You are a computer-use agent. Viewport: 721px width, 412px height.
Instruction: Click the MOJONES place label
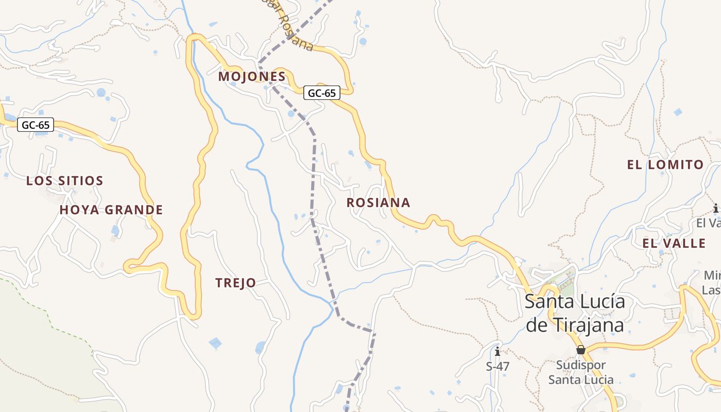(x=252, y=77)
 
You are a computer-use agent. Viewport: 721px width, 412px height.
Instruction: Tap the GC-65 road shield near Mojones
(x=322, y=93)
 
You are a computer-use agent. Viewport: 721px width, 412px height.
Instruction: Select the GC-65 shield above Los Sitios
(x=36, y=125)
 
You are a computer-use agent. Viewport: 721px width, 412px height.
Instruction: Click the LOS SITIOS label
(x=65, y=181)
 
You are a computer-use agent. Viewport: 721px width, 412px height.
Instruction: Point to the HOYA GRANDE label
(x=111, y=210)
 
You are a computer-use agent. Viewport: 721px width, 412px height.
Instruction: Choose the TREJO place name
(x=236, y=283)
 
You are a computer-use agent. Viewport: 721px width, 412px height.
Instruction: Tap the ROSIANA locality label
(x=379, y=203)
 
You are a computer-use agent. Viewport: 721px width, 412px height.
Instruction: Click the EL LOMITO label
(x=665, y=165)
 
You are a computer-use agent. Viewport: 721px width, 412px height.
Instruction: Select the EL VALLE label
(x=674, y=244)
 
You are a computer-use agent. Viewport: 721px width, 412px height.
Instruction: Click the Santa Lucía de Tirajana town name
(x=575, y=313)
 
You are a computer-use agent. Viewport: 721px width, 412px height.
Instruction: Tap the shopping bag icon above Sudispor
(x=581, y=350)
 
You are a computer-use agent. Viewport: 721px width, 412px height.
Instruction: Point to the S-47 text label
(x=497, y=367)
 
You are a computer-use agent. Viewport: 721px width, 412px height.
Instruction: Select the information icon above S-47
(x=497, y=352)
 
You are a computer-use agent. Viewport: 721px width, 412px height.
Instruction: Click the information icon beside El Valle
(x=715, y=209)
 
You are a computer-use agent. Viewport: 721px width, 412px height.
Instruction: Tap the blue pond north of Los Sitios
(x=101, y=93)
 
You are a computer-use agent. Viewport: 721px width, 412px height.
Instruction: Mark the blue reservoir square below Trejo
(x=215, y=342)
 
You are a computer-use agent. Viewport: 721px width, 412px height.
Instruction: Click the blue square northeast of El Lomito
(x=678, y=112)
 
